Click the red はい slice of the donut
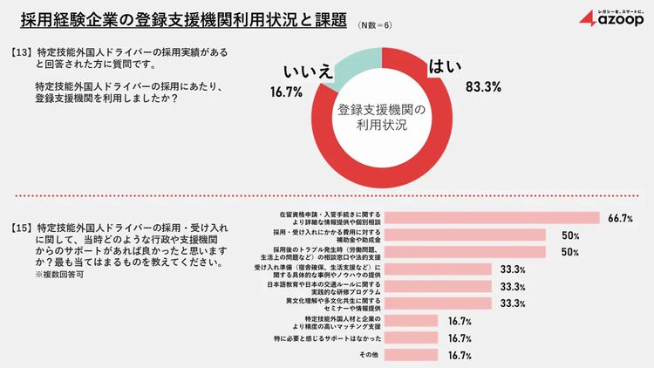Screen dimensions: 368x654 coord(436,140)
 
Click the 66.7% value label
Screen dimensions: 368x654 coord(621,218)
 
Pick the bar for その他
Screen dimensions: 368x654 coord(414,355)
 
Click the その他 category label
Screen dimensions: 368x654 coord(371,355)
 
